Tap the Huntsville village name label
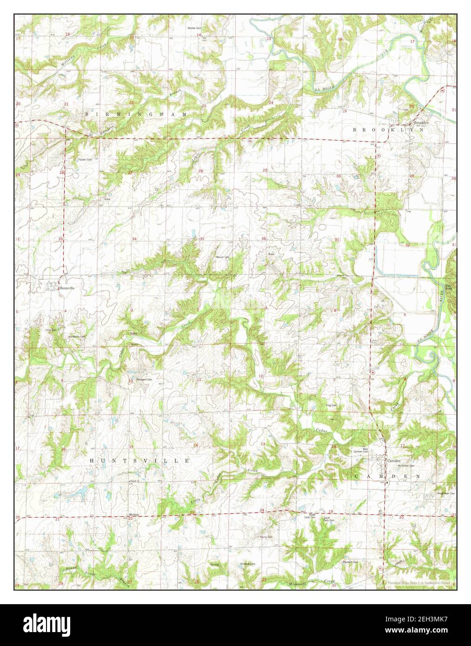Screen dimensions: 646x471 pyautogui.click(x=66, y=288)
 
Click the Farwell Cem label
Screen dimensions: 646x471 pyautogui.click(x=85, y=159)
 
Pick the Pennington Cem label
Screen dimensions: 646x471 pyautogui.click(x=142, y=379)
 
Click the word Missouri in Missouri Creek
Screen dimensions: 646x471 pyautogui.click(x=298, y=583)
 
